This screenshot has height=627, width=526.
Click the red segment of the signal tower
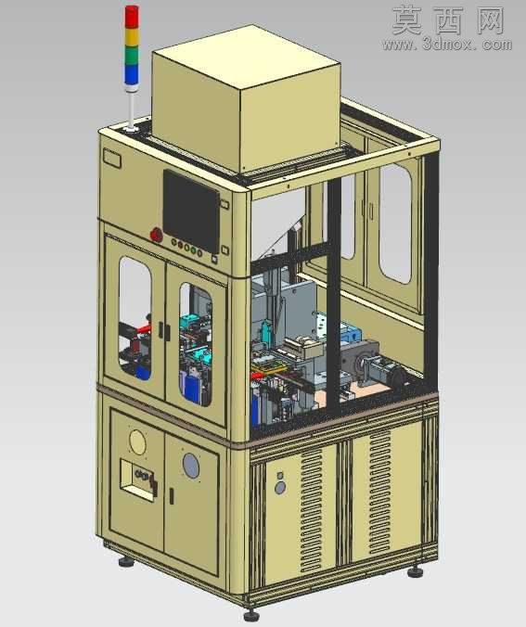(x=132, y=18)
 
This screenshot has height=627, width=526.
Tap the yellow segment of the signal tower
(x=132, y=37)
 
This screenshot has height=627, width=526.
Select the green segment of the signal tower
(x=132, y=56)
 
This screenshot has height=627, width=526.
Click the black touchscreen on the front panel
(x=191, y=211)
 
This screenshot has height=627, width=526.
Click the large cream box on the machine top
(x=246, y=98)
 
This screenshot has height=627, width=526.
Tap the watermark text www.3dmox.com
(x=447, y=45)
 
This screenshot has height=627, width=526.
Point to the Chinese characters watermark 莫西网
(x=448, y=20)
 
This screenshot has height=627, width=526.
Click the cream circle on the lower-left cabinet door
(x=137, y=441)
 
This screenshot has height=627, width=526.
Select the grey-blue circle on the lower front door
(x=191, y=466)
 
